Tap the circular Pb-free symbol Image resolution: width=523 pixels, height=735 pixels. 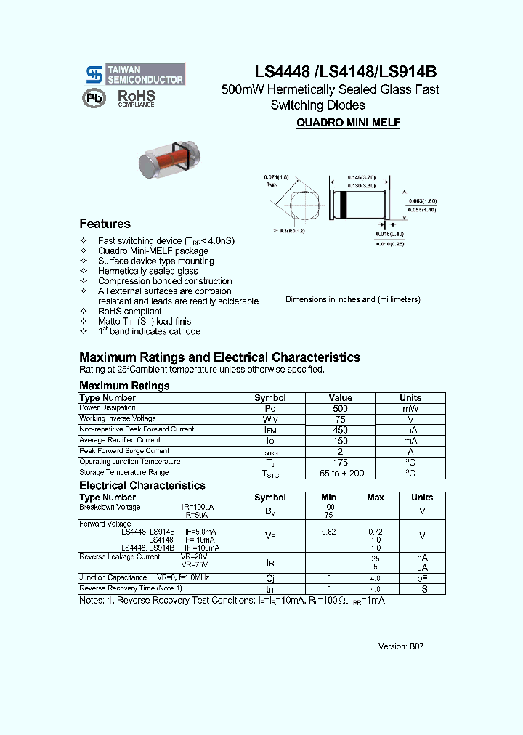pyautogui.click(x=93, y=99)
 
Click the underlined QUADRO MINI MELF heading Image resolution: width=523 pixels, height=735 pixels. pyautogui.click(x=348, y=123)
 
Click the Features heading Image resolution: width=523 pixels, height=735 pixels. pyautogui.click(x=105, y=224)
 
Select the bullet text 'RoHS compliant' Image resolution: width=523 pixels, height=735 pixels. pyautogui.click(x=130, y=311)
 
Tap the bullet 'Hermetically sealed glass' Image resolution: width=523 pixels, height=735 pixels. pyautogui.click(x=147, y=271)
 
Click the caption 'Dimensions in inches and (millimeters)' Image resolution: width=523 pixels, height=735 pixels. pyautogui.click(x=353, y=299)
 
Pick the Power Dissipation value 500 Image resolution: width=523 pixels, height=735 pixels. pyautogui.click(x=340, y=409)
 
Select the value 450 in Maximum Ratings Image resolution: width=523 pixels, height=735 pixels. pyautogui.click(x=340, y=430)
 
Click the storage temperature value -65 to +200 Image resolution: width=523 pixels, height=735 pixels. pyautogui.click(x=340, y=474)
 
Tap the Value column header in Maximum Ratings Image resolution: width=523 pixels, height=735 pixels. pyautogui.click(x=340, y=398)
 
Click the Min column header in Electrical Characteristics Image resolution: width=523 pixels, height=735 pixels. pyautogui.click(x=328, y=498)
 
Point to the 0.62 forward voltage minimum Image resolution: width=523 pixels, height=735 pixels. pyautogui.click(x=328, y=532)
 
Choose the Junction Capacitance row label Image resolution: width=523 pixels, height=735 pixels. pyautogui.click(x=113, y=578)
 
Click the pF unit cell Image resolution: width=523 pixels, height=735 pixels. pyautogui.click(x=421, y=579)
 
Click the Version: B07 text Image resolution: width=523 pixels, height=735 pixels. pyautogui.click(x=400, y=646)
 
